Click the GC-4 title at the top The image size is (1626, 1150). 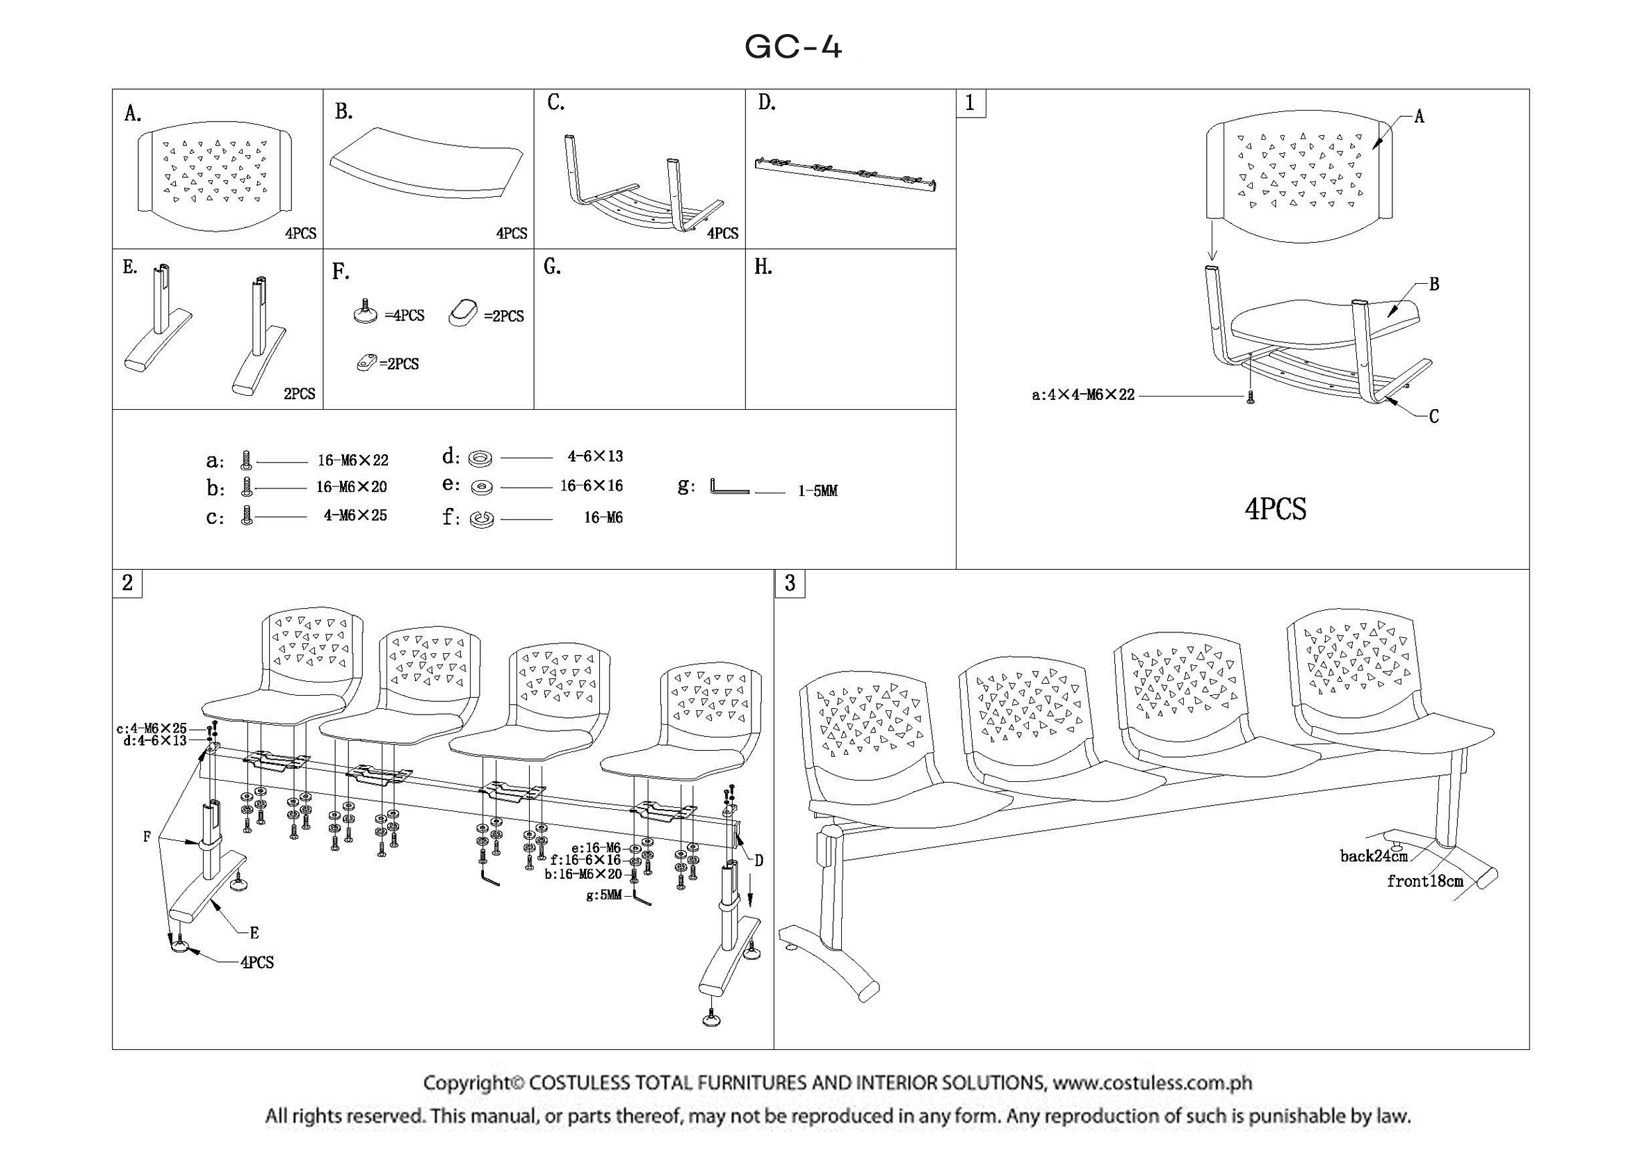[x=793, y=47]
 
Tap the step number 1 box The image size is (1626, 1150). [x=970, y=104]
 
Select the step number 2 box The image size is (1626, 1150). [x=127, y=583]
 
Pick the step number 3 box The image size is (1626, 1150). [x=790, y=583]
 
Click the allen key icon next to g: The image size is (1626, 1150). [x=728, y=488]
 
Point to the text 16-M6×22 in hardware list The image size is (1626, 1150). [x=352, y=461]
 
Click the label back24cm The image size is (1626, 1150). [x=1373, y=856]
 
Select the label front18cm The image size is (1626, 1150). [x=1424, y=881]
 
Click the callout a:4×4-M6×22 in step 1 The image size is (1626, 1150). [x=1083, y=394]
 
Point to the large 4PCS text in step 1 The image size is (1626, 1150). [x=1275, y=509]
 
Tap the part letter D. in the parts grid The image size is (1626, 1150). [x=767, y=104]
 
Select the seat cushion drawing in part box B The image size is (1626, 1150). [x=426, y=163]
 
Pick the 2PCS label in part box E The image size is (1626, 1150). [x=299, y=394]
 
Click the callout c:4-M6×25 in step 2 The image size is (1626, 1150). [x=152, y=728]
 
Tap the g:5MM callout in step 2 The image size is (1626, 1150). [x=603, y=895]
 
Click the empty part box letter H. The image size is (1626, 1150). [x=763, y=267]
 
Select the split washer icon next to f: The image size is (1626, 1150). [x=482, y=520]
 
